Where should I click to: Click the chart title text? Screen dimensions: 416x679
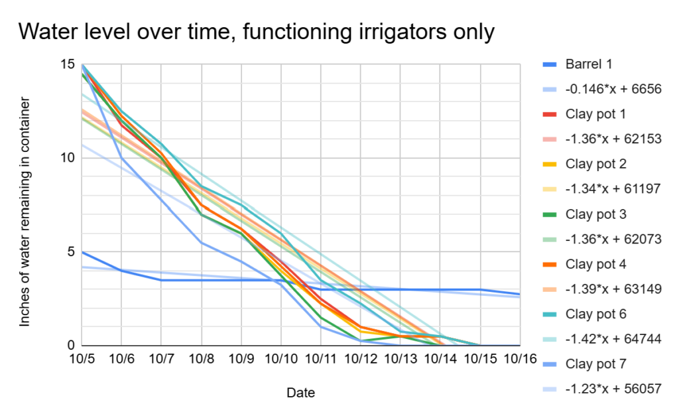coord(256,31)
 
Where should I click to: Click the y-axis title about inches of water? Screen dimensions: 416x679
coord(25,211)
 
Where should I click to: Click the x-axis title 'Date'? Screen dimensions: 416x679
coord(300,393)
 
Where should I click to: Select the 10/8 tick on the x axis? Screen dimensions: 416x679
coord(201,359)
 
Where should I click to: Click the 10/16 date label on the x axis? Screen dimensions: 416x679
coord(520,359)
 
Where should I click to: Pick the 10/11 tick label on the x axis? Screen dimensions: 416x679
coord(320,359)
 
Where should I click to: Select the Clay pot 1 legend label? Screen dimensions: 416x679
coord(596,114)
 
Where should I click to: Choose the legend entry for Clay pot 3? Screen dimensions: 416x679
coord(596,214)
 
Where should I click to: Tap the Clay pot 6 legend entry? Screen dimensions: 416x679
coord(596,314)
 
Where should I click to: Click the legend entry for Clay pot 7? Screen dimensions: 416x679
coord(596,364)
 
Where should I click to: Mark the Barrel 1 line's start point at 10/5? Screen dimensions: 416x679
coord(82,252)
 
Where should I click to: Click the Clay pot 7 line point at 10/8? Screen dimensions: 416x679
coord(201,243)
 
